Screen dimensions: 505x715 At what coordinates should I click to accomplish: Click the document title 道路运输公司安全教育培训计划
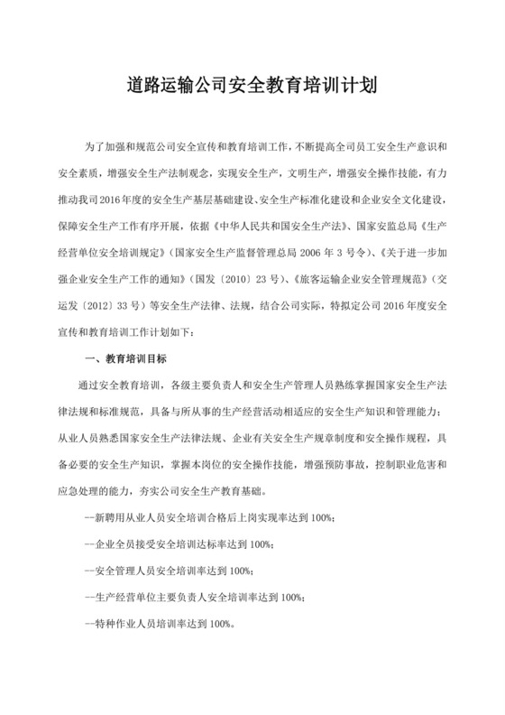tap(252, 88)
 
